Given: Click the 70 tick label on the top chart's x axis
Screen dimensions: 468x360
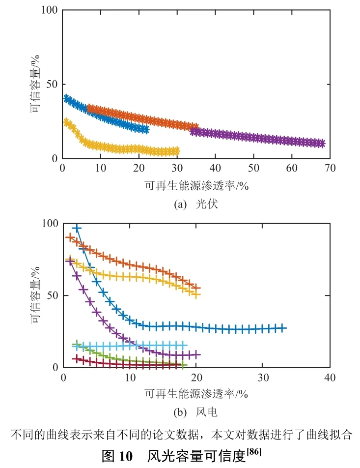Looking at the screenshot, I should click(x=330, y=168).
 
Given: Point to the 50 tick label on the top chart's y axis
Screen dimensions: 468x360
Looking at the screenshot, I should click(x=51, y=84).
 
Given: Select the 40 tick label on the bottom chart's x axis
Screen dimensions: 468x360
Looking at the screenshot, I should click(x=330, y=378).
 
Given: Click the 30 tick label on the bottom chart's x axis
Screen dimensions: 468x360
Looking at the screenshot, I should click(x=263, y=378).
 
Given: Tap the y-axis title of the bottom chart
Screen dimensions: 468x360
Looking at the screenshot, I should click(x=35, y=295).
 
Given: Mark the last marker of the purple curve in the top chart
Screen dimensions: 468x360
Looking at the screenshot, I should click(x=321, y=144).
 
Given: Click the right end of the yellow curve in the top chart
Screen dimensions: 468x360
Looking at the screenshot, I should click(x=176, y=151).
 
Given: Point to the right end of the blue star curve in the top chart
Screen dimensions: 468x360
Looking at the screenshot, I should click(x=145, y=129).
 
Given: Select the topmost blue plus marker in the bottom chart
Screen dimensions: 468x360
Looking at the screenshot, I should click(x=76, y=228).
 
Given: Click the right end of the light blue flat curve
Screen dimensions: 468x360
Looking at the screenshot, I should click(x=184, y=346).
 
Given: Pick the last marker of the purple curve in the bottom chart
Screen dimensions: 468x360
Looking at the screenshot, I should click(x=196, y=354).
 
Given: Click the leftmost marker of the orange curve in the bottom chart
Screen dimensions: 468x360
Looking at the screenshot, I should click(x=70, y=237).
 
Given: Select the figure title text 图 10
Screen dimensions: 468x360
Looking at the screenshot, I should click(x=117, y=456).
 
